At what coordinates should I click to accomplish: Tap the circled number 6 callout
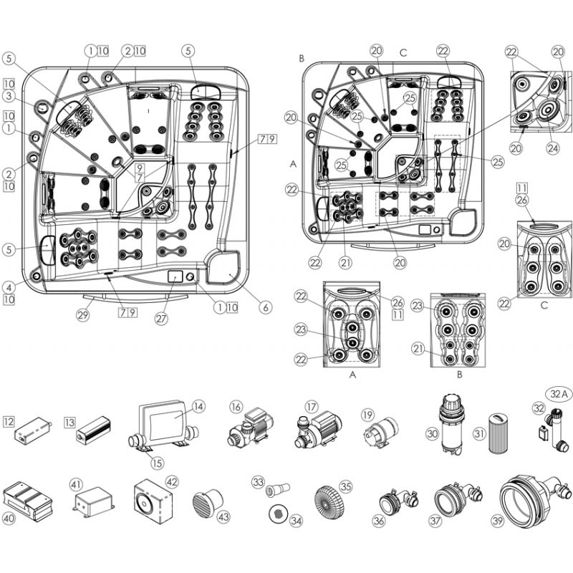pyautogui.click(x=266, y=307)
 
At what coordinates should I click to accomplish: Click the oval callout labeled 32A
pyautogui.click(x=558, y=394)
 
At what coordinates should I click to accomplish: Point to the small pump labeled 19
pyautogui.click(x=378, y=433)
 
